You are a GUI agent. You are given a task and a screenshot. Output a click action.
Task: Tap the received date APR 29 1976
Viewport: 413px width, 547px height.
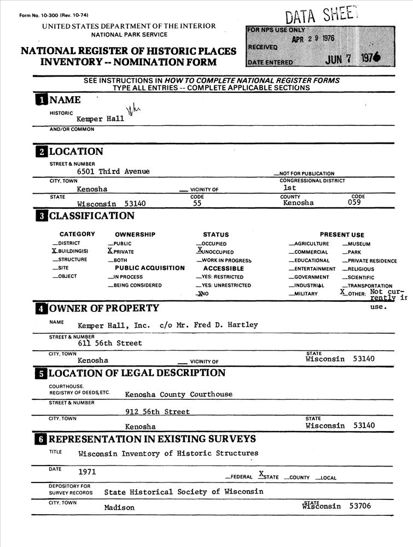click(312, 39)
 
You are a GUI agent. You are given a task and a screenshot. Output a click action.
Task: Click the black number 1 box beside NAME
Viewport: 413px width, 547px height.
click(41, 100)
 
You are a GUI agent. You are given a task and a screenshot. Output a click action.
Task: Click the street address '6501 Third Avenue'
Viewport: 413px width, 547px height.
click(113, 171)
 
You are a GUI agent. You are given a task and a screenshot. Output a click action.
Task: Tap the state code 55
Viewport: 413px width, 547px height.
click(198, 203)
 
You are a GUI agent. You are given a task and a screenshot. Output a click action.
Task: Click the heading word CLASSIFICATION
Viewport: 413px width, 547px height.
click(91, 216)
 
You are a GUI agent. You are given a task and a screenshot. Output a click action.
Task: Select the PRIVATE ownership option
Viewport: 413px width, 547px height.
click(123, 252)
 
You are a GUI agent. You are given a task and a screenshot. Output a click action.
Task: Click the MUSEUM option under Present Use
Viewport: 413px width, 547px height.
click(358, 244)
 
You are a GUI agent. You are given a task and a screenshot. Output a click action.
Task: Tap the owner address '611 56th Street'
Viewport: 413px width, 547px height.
click(110, 343)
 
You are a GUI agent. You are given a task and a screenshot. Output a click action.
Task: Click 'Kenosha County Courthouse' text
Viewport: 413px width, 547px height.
click(178, 394)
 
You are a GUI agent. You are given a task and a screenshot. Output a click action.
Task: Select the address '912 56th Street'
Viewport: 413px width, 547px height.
click(158, 411)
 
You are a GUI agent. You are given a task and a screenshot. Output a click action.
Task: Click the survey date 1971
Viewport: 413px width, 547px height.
click(88, 471)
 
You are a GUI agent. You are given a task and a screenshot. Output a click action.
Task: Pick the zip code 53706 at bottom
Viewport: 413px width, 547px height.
click(362, 506)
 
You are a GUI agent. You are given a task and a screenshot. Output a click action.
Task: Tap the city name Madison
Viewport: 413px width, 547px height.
click(119, 507)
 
